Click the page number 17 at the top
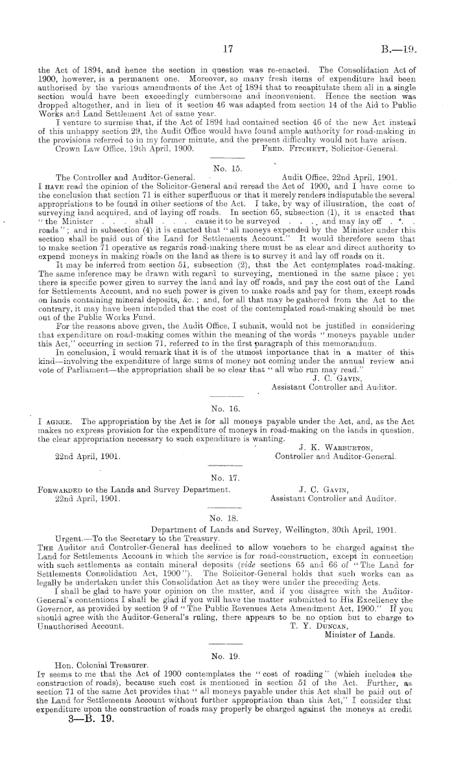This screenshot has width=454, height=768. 227,49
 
